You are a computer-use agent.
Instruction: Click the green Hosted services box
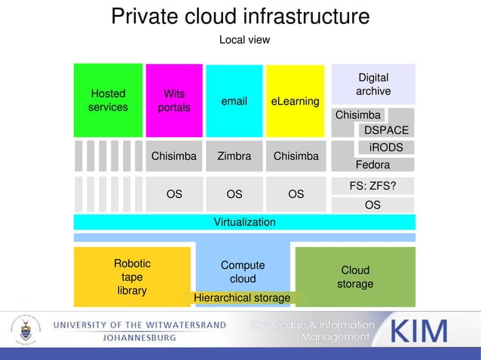coord(108,100)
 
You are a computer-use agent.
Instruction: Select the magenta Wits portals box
coord(173,100)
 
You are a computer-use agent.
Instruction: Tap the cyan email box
coord(234,101)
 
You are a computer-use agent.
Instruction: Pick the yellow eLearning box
coord(295,101)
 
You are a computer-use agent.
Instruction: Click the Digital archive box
coord(373,84)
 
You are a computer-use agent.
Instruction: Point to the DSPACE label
coord(386,130)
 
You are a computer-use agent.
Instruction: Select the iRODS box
coord(386,147)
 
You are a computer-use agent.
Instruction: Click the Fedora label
coord(372,164)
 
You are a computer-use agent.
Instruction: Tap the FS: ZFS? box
coord(372,186)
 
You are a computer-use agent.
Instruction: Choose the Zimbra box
coord(234,157)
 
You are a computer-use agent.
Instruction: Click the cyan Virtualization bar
coord(244,222)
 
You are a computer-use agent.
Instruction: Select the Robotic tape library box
coord(132,276)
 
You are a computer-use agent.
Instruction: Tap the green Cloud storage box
coord(355,276)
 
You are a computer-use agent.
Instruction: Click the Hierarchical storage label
coord(242,298)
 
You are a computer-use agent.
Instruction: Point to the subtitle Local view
coord(244,39)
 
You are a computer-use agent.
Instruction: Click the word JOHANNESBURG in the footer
coord(139,338)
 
